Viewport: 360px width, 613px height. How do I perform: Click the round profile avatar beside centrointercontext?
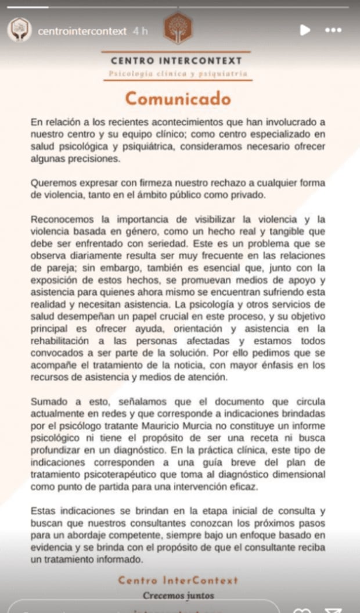[x=19, y=30]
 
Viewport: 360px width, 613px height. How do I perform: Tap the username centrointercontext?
[x=82, y=31]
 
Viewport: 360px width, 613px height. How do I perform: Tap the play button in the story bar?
[x=305, y=30]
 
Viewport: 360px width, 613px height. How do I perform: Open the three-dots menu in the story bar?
[x=333, y=30]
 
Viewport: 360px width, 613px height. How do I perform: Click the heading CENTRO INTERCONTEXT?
[x=176, y=60]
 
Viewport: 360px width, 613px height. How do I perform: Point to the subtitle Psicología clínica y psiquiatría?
[x=178, y=74]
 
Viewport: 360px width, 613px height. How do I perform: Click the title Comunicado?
[x=178, y=99]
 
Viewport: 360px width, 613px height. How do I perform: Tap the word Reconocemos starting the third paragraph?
[x=63, y=220]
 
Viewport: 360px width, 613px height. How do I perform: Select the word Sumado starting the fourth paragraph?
[x=48, y=402]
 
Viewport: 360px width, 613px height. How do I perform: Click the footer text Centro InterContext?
[x=178, y=580]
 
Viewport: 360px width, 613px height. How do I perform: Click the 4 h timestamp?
[x=140, y=31]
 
